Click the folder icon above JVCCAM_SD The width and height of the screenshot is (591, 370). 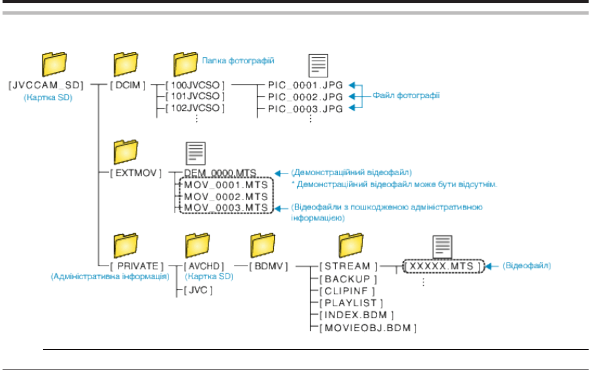[54, 64]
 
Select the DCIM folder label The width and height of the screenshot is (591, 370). [128, 85]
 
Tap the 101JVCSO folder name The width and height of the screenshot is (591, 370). [195, 96]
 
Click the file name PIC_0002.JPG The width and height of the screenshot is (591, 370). [305, 97]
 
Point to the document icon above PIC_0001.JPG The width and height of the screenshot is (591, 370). [318, 65]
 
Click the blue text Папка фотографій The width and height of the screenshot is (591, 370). [238, 61]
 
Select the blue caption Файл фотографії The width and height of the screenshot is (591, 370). [406, 95]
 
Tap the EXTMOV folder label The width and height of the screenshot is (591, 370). [136, 173]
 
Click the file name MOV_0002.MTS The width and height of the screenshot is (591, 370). [226, 196]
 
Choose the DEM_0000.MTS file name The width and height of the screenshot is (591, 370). [220, 173]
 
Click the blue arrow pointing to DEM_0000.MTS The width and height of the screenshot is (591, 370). [281, 173]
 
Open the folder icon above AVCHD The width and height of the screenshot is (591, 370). [198, 245]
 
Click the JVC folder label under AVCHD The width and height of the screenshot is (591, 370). [198, 290]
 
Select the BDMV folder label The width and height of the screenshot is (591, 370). [269, 266]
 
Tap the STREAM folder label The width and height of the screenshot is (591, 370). [349, 266]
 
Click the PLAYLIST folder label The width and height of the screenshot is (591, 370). [351, 303]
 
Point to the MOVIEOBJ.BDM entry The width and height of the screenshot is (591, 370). [368, 328]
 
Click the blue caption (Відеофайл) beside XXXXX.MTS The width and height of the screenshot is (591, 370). [527, 266]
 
